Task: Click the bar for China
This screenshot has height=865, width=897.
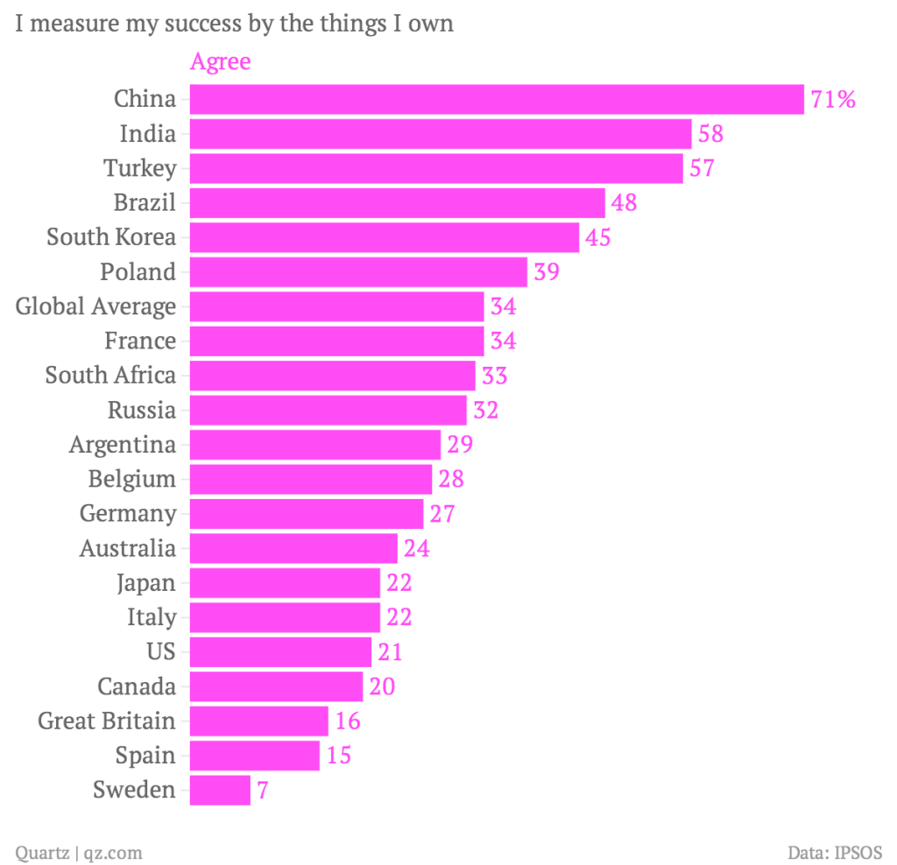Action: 496,99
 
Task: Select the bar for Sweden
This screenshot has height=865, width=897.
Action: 220,791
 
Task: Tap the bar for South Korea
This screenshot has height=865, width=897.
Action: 384,237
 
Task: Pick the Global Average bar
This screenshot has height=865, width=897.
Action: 336,306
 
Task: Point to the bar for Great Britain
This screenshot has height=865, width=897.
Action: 258,721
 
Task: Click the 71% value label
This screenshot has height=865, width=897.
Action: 833,100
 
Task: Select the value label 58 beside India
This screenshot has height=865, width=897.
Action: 710,134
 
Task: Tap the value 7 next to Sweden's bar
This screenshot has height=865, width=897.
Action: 263,791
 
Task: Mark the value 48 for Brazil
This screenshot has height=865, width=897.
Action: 625,203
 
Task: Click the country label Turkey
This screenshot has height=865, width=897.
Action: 139,168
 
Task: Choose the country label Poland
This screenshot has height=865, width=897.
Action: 138,272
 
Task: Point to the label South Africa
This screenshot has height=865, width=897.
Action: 110,376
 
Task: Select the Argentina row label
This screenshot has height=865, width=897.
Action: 123,445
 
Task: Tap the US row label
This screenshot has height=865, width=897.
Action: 161,652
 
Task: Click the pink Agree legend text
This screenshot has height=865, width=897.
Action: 220,62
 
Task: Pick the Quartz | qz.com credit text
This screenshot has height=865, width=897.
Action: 79,852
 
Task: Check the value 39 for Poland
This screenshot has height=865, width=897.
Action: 547,272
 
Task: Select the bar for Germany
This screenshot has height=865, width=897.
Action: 307,514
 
